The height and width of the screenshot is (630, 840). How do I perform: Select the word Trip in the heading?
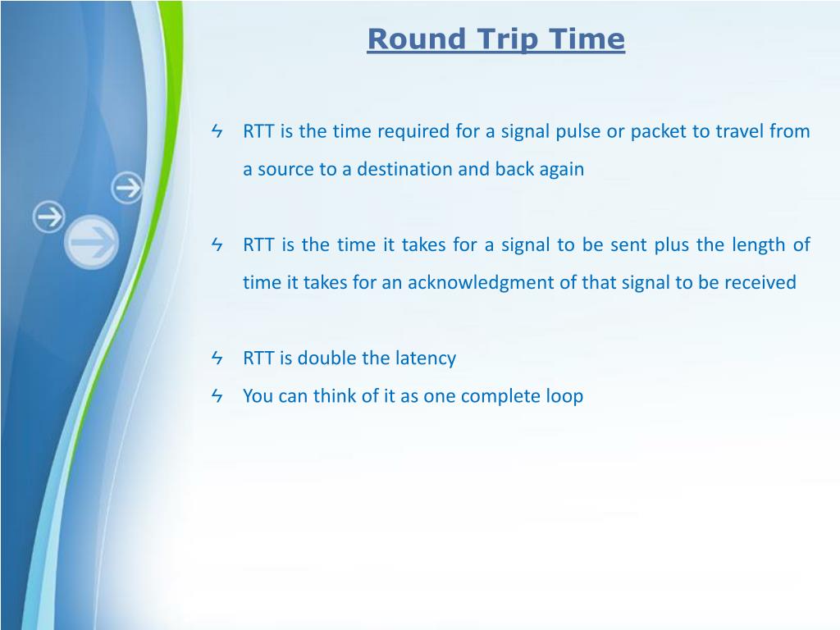[x=507, y=40]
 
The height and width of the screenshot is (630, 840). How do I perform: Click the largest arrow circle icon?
[x=91, y=242]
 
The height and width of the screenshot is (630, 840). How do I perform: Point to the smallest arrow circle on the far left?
[x=48, y=217]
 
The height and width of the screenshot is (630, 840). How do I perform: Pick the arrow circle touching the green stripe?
[x=127, y=188]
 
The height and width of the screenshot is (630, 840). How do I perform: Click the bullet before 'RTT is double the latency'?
[x=217, y=358]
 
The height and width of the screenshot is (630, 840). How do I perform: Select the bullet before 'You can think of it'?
[x=217, y=395]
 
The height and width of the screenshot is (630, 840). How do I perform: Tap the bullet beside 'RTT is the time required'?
[x=217, y=130]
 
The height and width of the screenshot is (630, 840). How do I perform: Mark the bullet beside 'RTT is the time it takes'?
[x=217, y=244]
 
